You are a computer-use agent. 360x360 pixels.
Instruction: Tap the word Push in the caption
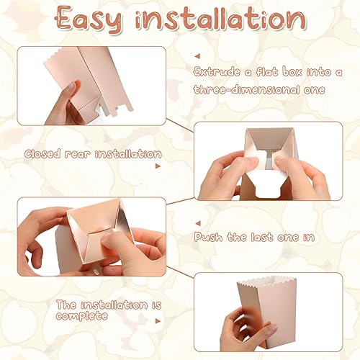coord(209,235)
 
